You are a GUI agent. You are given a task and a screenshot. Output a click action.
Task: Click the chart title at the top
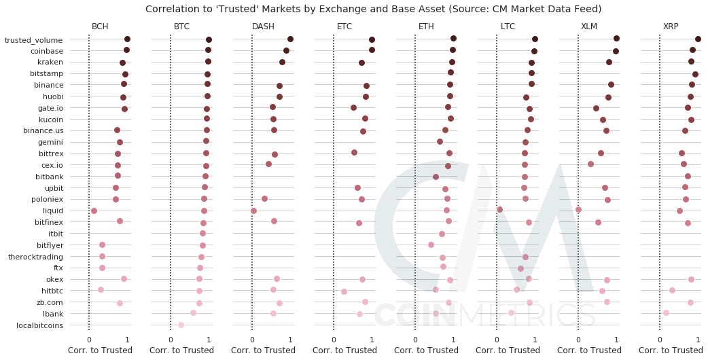click(354, 9)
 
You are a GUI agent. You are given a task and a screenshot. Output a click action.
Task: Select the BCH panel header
click(100, 26)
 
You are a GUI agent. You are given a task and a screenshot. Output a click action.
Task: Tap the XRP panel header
click(671, 26)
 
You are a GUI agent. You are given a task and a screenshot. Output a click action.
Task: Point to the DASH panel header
click(263, 26)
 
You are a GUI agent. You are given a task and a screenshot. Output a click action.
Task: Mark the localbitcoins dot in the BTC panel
click(181, 325)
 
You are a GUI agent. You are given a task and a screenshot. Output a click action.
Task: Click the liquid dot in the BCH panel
click(94, 211)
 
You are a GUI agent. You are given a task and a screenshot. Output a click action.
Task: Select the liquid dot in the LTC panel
click(499, 209)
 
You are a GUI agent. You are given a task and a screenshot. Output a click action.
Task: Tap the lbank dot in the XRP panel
click(666, 312)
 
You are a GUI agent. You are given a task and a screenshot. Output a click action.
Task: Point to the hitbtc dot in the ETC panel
click(344, 291)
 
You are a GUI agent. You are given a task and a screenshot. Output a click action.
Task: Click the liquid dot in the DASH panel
click(253, 211)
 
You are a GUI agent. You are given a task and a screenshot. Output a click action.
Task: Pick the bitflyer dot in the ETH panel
click(431, 245)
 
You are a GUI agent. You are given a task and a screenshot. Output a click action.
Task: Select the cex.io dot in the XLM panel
click(590, 164)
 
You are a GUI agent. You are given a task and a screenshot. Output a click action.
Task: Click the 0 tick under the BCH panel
click(89, 339)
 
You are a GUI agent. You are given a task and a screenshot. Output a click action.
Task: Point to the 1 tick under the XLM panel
click(616, 339)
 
